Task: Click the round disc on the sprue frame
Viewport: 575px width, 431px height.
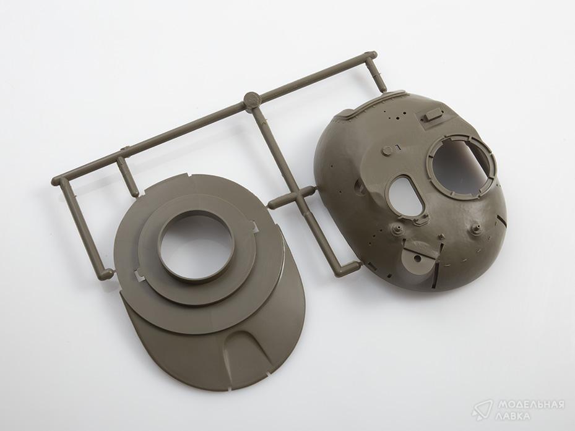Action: click(x=252, y=99)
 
